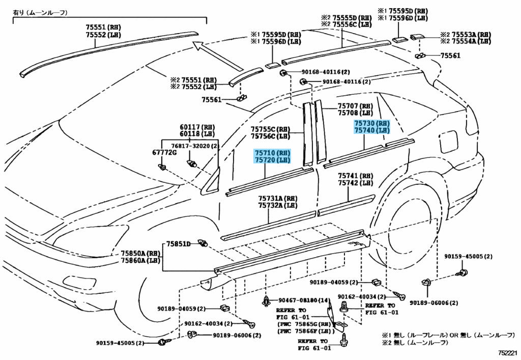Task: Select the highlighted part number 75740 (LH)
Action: coord(372,130)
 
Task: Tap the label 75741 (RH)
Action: coord(355,176)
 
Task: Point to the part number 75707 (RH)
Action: coord(355,106)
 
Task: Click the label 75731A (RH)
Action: coord(277,199)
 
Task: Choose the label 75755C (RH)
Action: coord(270,129)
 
